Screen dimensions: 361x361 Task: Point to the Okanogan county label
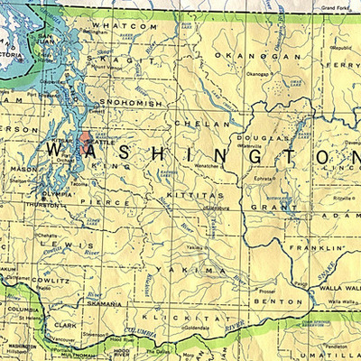click(241, 56)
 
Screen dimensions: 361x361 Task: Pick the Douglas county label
click(264, 138)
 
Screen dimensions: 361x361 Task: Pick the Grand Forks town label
click(337, 7)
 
